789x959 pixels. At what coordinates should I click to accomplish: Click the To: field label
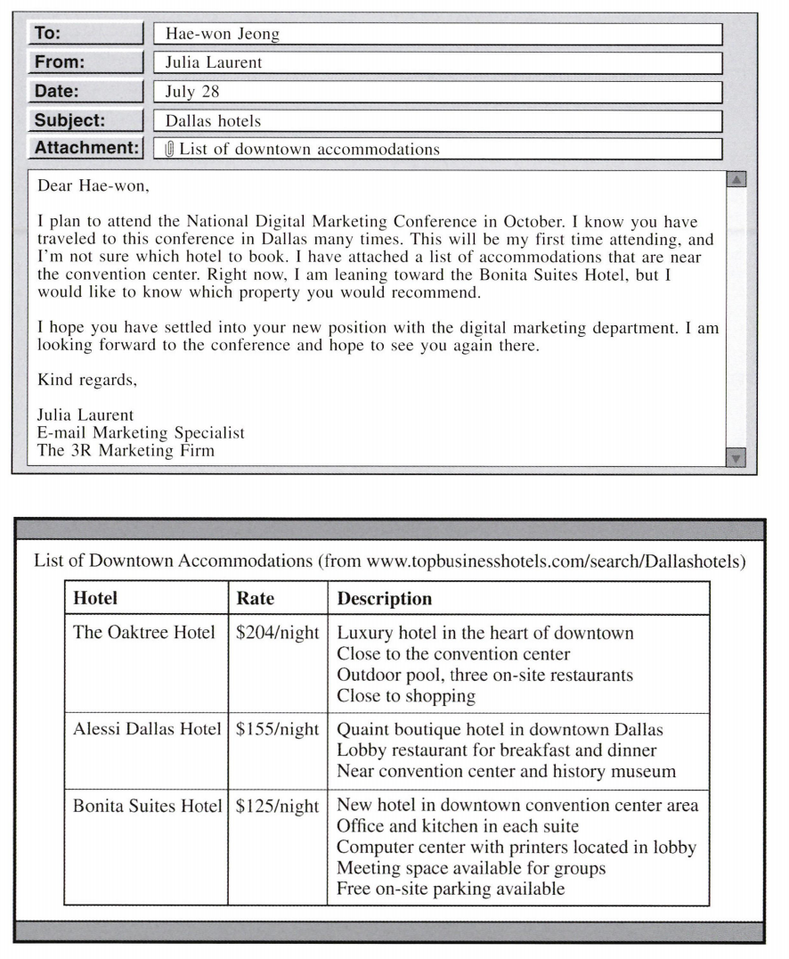tap(86, 34)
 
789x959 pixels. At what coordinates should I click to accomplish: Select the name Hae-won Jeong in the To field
tap(222, 35)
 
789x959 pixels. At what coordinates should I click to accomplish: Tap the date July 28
tap(192, 92)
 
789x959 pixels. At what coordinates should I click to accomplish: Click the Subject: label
tap(86, 120)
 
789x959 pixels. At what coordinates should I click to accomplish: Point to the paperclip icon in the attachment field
tap(170, 150)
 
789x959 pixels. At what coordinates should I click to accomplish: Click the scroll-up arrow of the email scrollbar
tap(736, 180)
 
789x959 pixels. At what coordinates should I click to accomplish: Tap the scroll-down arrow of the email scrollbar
tap(736, 458)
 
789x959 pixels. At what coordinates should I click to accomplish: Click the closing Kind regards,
tap(87, 381)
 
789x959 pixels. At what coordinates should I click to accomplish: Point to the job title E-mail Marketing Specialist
tap(141, 432)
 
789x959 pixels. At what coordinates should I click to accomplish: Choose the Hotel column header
tap(95, 599)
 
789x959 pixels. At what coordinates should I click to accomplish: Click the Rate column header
tap(256, 599)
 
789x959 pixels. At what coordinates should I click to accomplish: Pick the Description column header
tap(384, 599)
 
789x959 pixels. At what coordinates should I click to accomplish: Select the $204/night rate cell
tap(277, 633)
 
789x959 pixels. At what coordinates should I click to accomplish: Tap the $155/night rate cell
tap(277, 729)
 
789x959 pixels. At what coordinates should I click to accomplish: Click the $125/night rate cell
tap(277, 807)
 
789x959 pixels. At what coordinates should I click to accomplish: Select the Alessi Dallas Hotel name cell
tap(147, 729)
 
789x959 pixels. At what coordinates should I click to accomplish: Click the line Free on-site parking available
tap(451, 889)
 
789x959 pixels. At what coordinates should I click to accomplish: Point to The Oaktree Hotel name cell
tap(144, 633)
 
